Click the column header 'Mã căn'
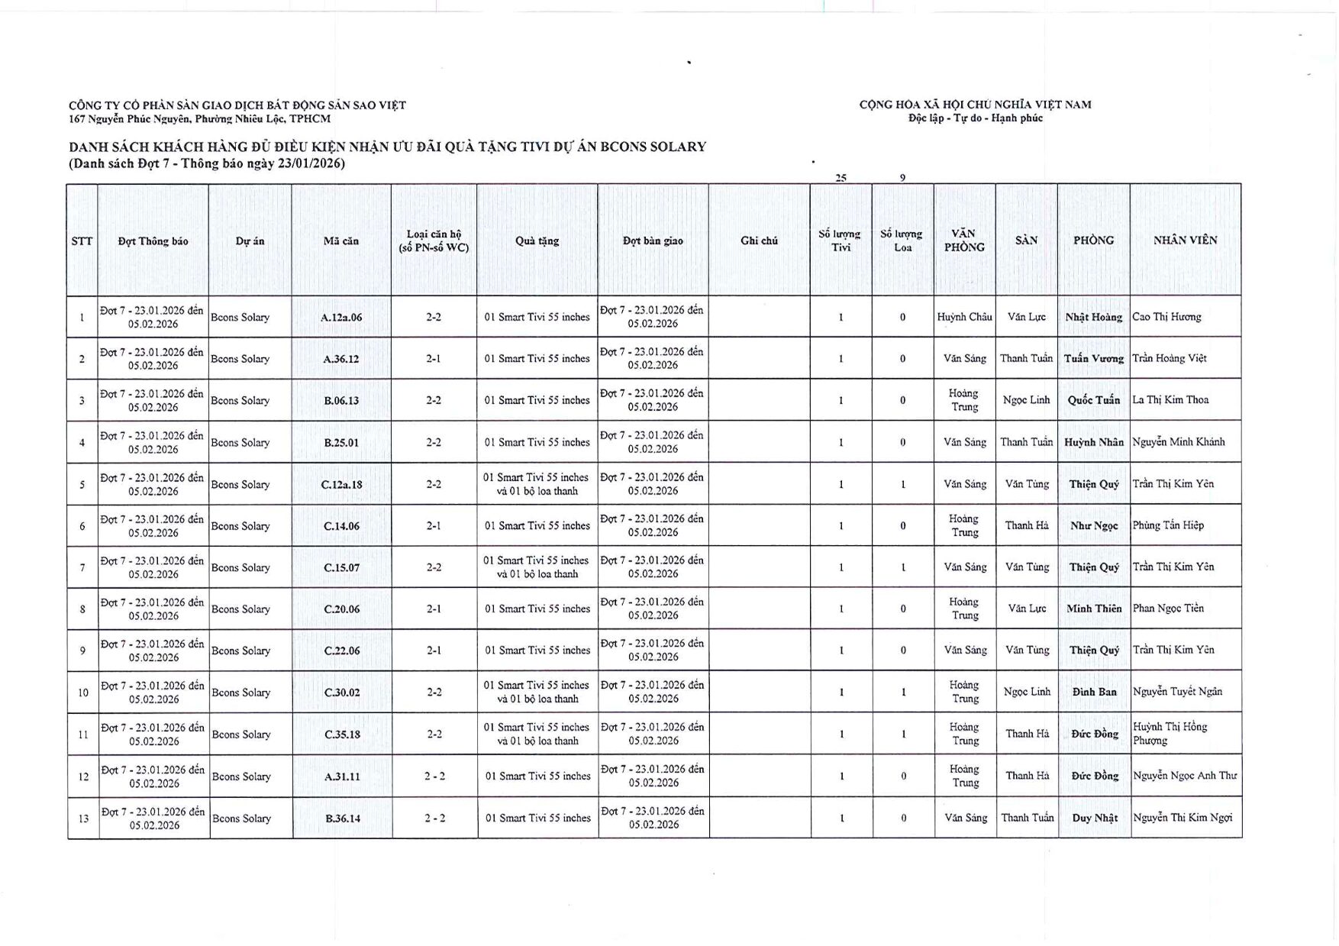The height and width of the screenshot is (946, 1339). (341, 241)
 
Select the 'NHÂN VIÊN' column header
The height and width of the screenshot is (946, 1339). (1185, 240)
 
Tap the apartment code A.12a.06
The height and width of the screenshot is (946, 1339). (341, 317)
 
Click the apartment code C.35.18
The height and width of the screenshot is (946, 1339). (342, 735)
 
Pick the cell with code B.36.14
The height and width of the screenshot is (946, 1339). (342, 818)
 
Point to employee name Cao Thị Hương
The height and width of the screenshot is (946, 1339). (1166, 317)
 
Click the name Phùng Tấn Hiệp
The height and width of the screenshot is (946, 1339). (1168, 525)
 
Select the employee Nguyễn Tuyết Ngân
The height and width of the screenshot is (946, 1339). (1177, 692)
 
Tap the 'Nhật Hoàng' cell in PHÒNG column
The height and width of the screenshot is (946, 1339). (1093, 317)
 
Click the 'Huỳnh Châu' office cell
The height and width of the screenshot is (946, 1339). (964, 317)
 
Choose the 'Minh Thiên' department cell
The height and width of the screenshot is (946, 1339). (1093, 609)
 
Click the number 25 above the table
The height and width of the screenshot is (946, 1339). (841, 177)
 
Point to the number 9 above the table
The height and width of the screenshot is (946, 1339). (902, 177)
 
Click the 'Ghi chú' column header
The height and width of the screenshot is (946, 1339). (759, 241)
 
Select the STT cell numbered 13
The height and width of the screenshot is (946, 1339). (83, 818)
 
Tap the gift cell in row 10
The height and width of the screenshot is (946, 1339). (537, 692)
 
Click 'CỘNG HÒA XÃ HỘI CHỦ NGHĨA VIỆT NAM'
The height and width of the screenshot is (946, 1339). (975, 105)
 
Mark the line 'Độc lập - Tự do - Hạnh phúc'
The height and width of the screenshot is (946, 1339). (975, 118)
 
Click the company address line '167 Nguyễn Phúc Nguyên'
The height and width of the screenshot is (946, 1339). (200, 118)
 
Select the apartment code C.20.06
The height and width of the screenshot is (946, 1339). (341, 609)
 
